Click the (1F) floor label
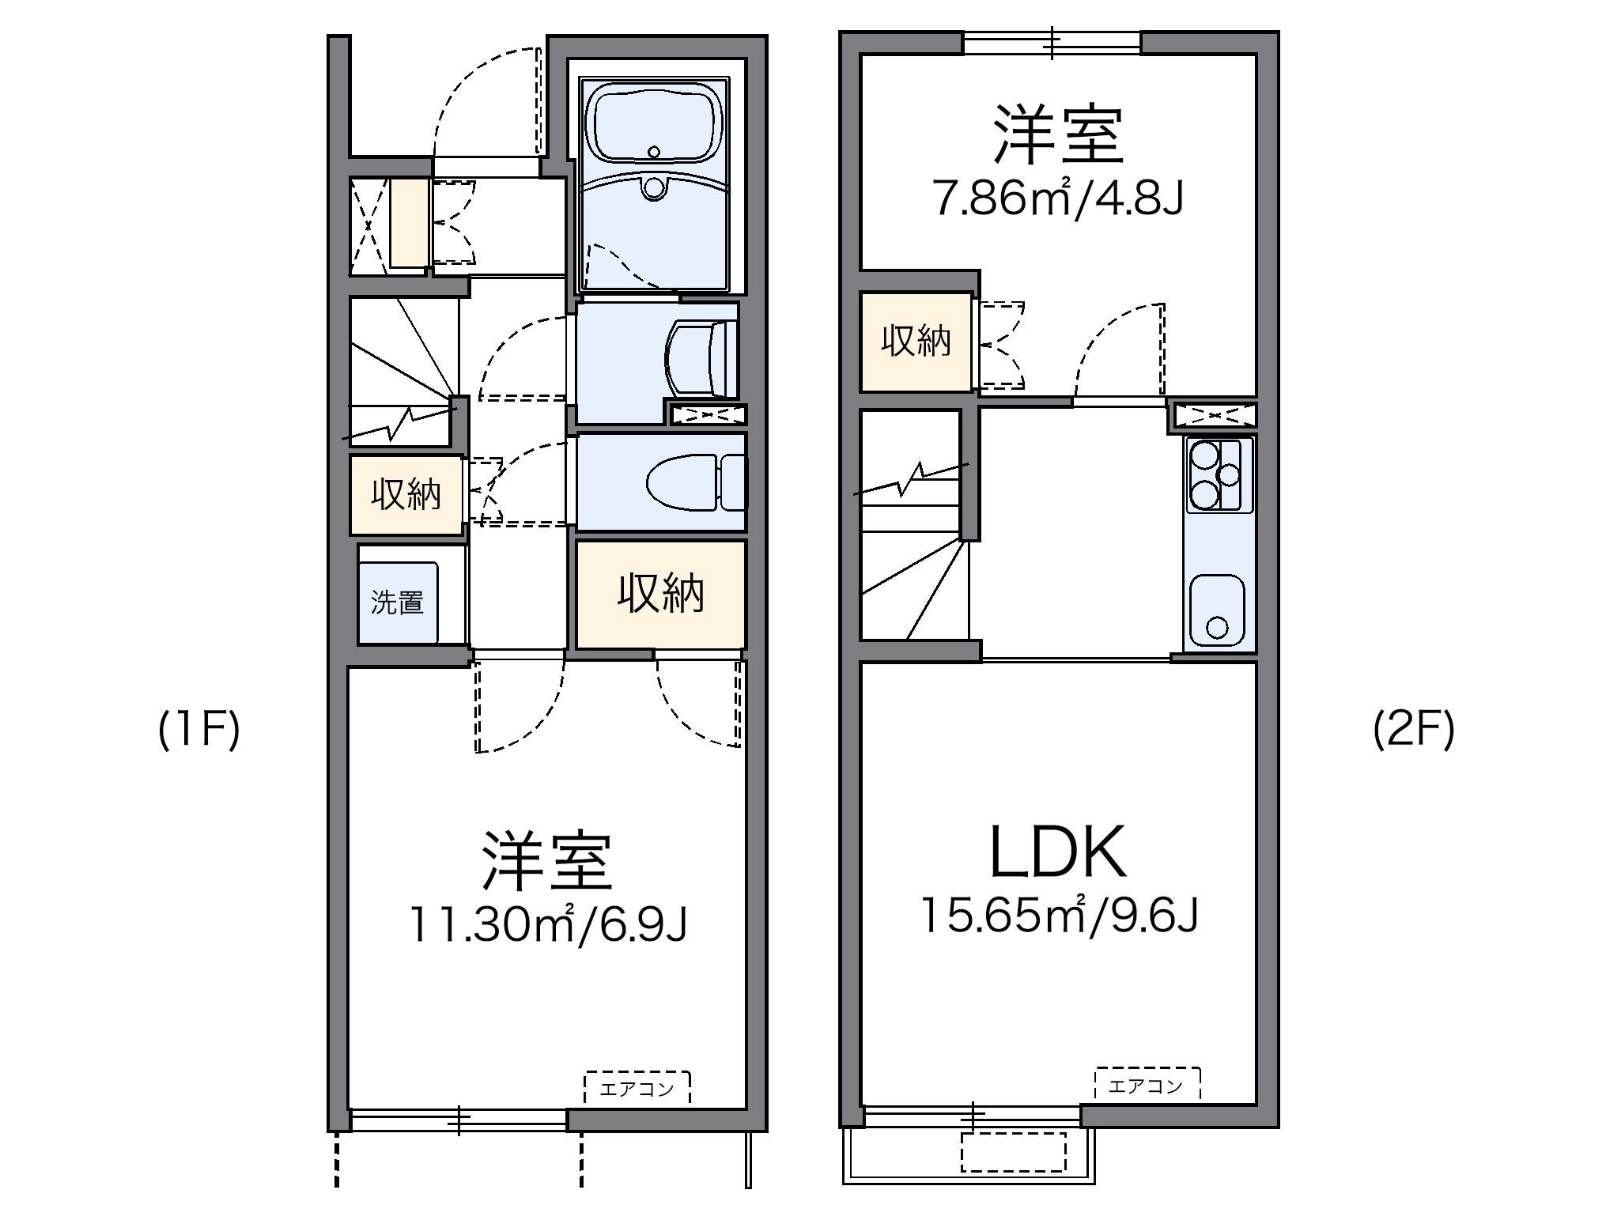(x=198, y=730)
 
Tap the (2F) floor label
(x=1413, y=730)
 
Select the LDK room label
(x=1058, y=853)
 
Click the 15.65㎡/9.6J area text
(x=1060, y=916)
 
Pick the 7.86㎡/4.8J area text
(x=1058, y=198)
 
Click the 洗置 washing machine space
(x=398, y=602)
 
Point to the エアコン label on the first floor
(x=637, y=1089)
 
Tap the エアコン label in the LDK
(x=1147, y=1086)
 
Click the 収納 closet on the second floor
(x=916, y=342)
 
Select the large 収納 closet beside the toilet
(x=660, y=594)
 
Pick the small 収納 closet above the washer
(x=406, y=495)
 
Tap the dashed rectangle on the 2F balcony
(x=1014, y=1152)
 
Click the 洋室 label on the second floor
(x=1058, y=136)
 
